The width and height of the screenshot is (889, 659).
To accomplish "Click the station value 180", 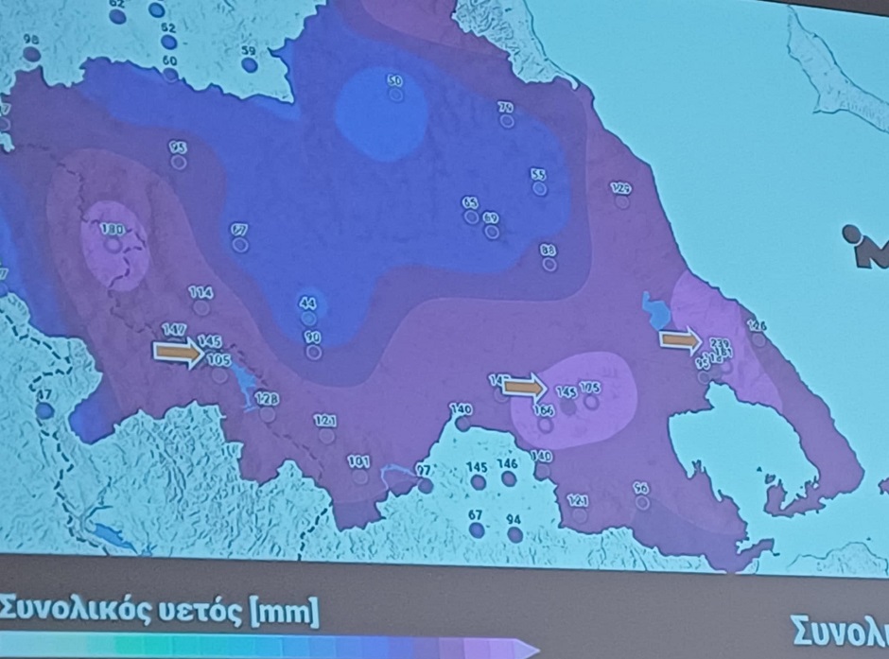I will pos(113,229).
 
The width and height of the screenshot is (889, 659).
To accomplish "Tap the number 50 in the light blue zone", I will pos(395,81).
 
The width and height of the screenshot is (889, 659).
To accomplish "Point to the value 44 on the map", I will pos(307,303).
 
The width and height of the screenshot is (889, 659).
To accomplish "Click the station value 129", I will pos(621,187).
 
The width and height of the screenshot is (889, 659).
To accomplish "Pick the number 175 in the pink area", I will pos(590,388).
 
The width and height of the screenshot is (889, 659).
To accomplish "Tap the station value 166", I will pos(544,409).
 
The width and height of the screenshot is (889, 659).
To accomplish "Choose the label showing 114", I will pos(200,293).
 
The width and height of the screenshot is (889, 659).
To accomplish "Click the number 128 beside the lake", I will pos(267,399).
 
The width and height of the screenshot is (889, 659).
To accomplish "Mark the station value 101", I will pos(358,461).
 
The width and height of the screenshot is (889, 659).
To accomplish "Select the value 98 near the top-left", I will pos(31,40).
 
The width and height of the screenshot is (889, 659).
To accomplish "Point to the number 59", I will pos(249,51).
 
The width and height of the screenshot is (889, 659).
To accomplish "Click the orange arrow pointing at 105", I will pos(178,353).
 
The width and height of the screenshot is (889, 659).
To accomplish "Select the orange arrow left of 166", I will pos(524,387).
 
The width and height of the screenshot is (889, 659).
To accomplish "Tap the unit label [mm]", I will pos(283,612).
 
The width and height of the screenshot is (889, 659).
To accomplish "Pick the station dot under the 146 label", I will pos(509,478).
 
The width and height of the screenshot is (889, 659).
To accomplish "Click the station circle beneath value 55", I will pos(539,189).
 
